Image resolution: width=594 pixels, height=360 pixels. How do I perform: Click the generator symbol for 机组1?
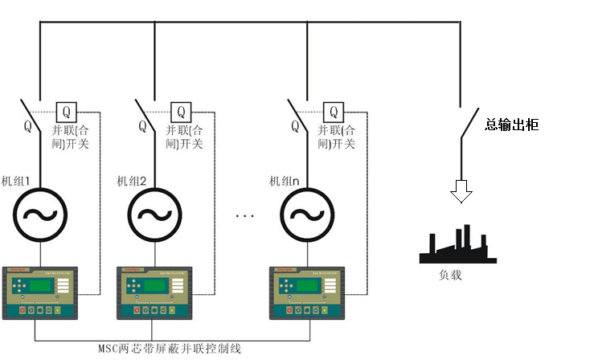(39, 215)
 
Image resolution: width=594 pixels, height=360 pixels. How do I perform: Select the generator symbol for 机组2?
(154, 215)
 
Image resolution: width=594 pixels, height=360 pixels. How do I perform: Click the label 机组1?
(17, 181)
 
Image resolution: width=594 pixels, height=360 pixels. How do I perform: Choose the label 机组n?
(284, 181)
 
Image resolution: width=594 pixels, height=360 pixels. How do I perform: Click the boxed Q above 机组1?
(66, 111)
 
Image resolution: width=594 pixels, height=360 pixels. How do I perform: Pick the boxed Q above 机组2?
(181, 111)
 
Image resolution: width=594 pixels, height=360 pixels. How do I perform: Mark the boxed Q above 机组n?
(334, 111)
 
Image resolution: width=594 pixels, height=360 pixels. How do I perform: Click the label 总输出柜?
(512, 125)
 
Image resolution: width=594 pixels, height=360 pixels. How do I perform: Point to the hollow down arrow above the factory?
(461, 190)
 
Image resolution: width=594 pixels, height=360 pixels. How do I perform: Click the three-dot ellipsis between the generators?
(245, 216)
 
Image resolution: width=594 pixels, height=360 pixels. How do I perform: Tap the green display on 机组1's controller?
(42, 287)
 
